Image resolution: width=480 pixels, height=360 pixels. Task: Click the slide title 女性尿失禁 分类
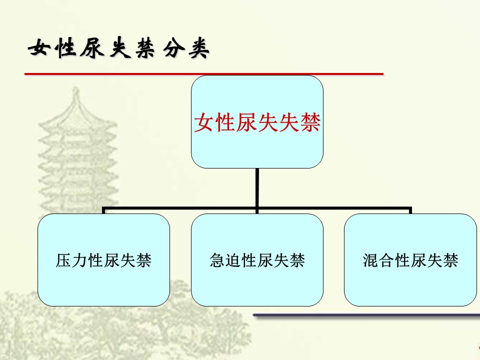tap(119, 48)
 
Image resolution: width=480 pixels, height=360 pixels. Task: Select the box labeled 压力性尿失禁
tap(103, 260)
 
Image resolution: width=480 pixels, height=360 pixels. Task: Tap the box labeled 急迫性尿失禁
tap(257, 260)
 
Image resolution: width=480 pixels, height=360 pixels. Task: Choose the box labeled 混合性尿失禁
tap(410, 260)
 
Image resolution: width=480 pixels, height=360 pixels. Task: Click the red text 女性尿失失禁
tap(257, 122)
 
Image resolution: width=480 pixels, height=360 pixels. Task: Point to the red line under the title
tap(204, 74)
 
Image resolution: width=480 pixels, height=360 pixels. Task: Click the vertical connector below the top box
tap(257, 188)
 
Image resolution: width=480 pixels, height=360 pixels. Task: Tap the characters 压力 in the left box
tap(71, 260)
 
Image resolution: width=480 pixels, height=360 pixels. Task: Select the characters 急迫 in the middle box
tap(225, 260)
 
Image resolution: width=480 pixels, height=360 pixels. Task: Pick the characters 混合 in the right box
tap(378, 260)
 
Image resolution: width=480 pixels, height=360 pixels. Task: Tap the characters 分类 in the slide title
tap(186, 48)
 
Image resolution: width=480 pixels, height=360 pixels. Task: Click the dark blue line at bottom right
tap(366, 315)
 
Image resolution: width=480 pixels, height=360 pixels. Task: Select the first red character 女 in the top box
tap(204, 122)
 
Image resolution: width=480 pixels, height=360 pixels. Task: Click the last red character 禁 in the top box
tap(310, 122)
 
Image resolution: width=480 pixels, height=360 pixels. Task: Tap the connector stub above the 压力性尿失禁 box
tap(104, 210)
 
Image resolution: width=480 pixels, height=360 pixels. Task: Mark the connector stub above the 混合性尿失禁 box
tap(410, 210)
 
